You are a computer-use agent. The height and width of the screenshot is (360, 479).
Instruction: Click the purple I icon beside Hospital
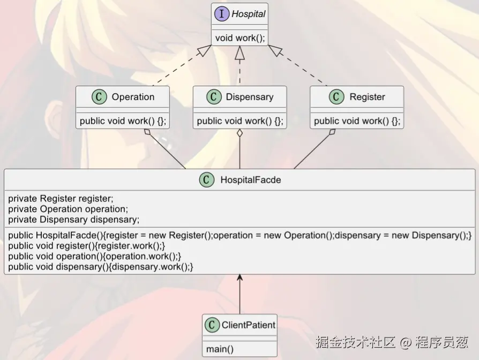[222, 14]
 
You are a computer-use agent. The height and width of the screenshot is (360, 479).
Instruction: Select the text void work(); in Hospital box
[239, 38]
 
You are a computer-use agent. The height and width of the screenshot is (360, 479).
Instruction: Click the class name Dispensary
[249, 97]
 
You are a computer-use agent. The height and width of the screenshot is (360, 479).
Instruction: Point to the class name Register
[367, 97]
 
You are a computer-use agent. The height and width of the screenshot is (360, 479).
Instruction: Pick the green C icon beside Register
[336, 97]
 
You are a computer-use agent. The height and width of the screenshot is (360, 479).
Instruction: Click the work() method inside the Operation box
[123, 121]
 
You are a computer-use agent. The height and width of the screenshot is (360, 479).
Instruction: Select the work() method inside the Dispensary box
[239, 121]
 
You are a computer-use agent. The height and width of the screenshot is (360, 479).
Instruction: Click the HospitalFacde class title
[250, 180]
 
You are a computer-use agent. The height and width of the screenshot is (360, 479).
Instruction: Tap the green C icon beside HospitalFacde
[207, 180]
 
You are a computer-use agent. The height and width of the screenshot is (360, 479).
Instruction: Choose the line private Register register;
[61, 199]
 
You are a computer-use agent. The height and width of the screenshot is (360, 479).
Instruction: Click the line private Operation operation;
[68, 209]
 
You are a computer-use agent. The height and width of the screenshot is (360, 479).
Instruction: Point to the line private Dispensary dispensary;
[74, 219]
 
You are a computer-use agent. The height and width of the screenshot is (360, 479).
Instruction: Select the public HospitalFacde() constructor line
[239, 235]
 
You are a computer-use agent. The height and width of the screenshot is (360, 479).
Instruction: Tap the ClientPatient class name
[248, 325]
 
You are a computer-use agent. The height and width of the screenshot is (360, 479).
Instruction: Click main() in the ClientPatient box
[220, 349]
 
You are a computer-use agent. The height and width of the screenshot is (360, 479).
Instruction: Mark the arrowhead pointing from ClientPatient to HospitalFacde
[239, 278]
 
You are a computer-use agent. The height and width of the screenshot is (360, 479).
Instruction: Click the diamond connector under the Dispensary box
[239, 132]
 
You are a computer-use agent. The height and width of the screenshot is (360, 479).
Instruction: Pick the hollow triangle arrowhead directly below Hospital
[239, 52]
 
